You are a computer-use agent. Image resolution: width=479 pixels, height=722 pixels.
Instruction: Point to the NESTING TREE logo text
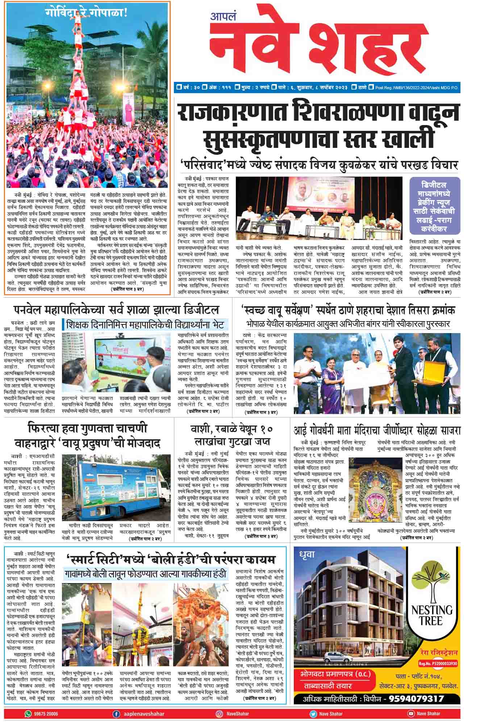(432, 616)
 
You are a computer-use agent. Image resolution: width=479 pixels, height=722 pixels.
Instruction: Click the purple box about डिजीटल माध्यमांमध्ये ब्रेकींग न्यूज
(435, 206)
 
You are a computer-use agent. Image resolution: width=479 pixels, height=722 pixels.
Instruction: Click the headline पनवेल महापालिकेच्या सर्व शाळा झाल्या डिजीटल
(117, 310)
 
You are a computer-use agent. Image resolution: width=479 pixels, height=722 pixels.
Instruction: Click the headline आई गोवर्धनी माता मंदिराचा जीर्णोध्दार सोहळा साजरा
(377, 431)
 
